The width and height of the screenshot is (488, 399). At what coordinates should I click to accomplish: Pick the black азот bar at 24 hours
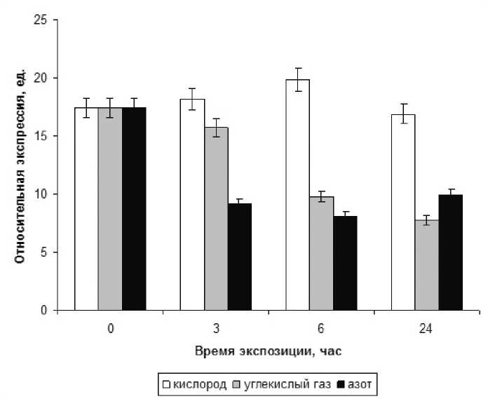tap(452, 252)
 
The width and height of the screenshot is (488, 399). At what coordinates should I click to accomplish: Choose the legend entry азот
tap(358, 384)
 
